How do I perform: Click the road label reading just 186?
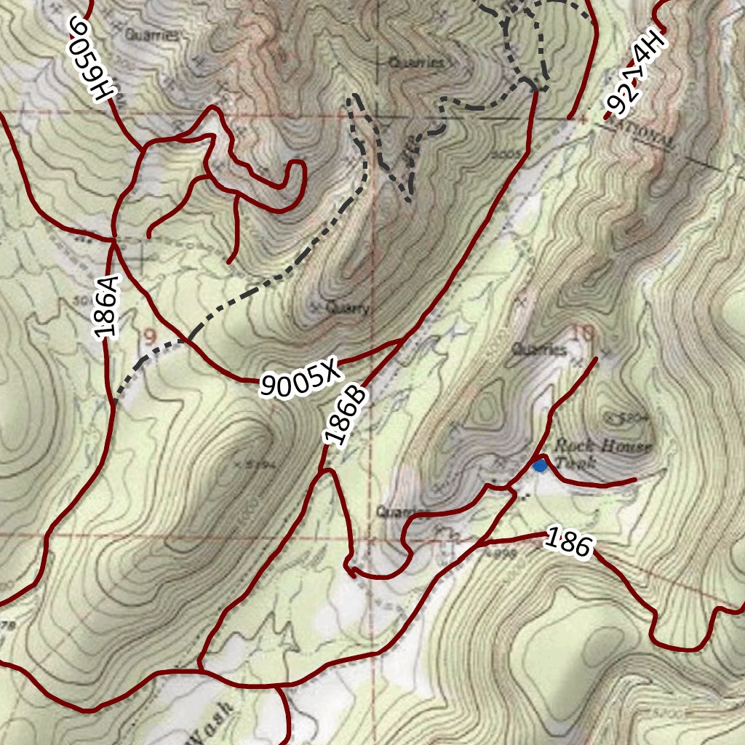(x=567, y=542)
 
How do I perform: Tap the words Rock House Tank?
(x=602, y=453)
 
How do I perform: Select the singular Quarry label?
(x=348, y=308)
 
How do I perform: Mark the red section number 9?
(x=149, y=336)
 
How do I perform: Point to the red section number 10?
(x=583, y=333)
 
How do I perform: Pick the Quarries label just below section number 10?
(x=539, y=350)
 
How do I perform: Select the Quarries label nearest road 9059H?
(x=151, y=34)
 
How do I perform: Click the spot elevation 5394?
(x=255, y=464)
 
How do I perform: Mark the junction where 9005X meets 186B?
(x=405, y=340)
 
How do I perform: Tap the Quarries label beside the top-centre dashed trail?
(x=415, y=63)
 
